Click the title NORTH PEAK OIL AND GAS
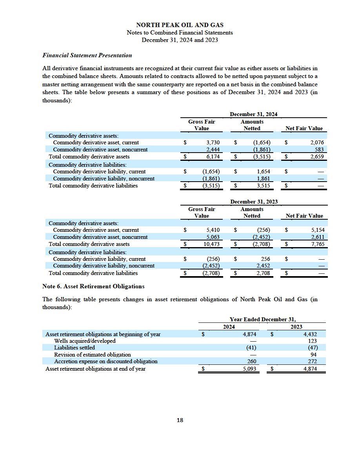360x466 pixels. pyautogui.click(x=180, y=25)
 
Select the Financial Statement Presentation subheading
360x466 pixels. pyautogui.click(x=87, y=55)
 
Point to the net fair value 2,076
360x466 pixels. pyautogui.click(x=316, y=143)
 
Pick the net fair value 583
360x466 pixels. pyautogui.click(x=319, y=150)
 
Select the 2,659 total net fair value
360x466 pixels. pyautogui.click(x=316, y=157)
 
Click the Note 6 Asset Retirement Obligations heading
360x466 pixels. pyautogui.click(x=93, y=286)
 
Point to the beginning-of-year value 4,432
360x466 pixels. pyautogui.click(x=310, y=335)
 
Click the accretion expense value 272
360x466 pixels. pyautogui.click(x=312, y=361)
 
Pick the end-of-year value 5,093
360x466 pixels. pyautogui.click(x=249, y=369)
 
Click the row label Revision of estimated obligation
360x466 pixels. pyautogui.click(x=93, y=355)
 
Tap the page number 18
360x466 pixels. pyautogui.click(x=180, y=420)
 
